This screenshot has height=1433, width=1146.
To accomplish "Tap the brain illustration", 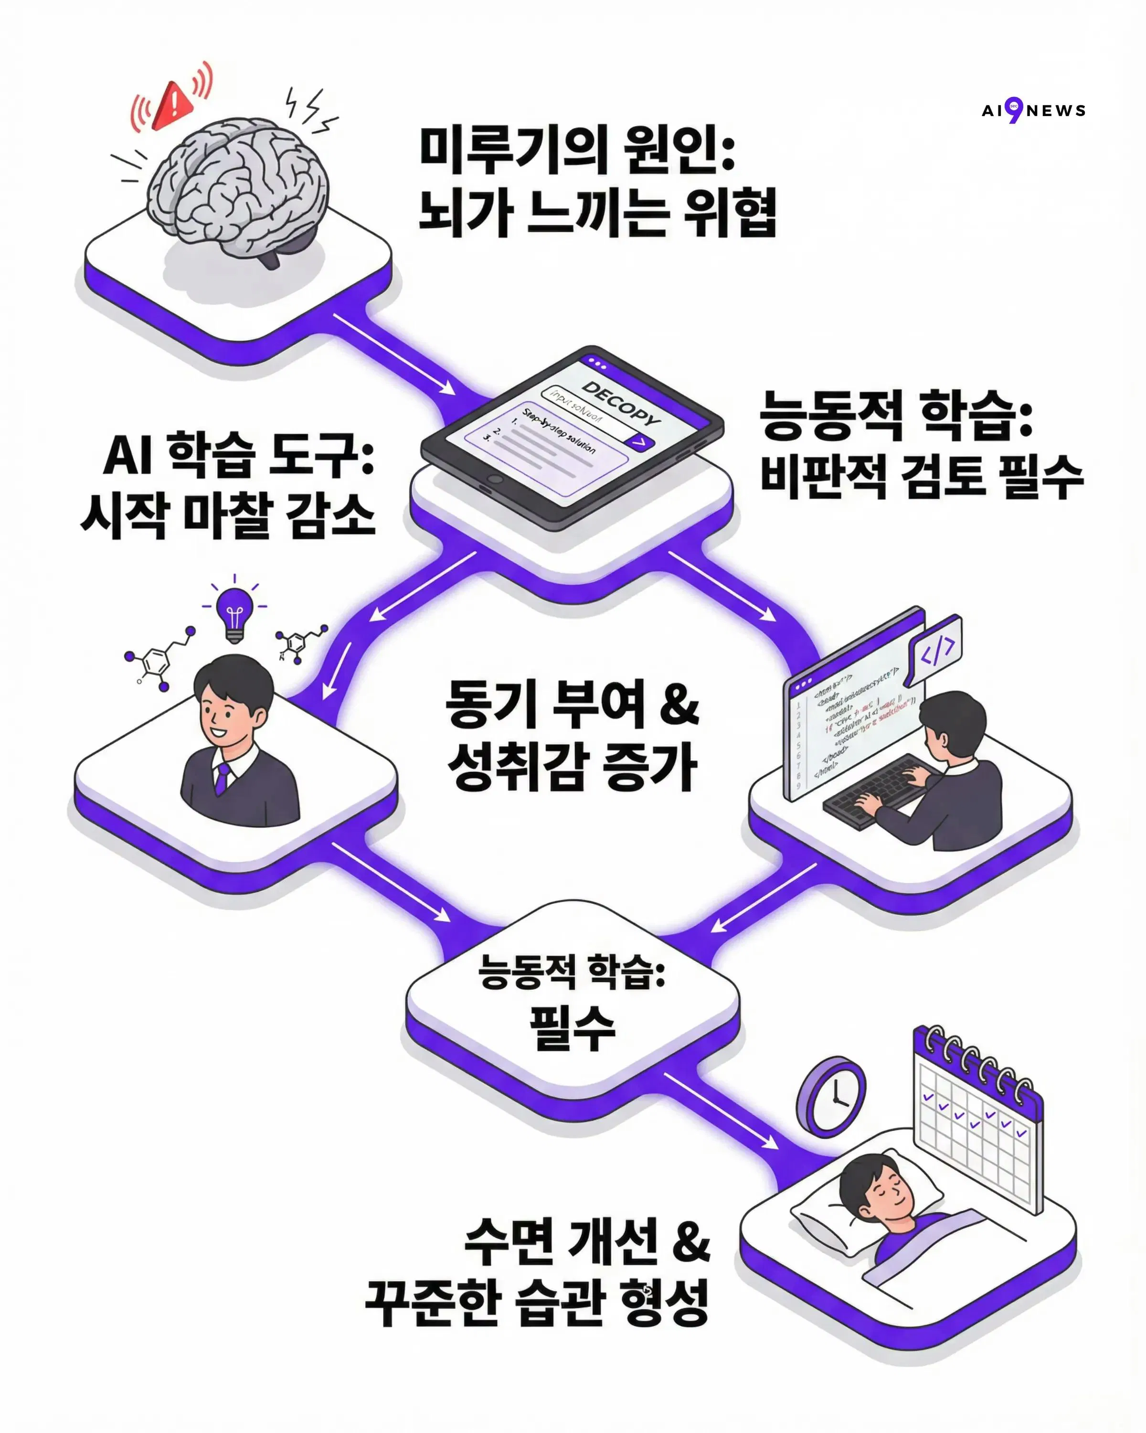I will [x=237, y=190].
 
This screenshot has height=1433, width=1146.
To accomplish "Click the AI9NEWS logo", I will [x=1033, y=110].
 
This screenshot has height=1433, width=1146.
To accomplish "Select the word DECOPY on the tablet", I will [x=621, y=404].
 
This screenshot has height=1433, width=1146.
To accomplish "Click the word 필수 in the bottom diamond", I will [x=572, y=1028].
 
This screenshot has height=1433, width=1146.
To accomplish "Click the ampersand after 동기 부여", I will [x=679, y=704].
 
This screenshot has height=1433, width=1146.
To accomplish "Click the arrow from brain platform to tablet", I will [x=394, y=353].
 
